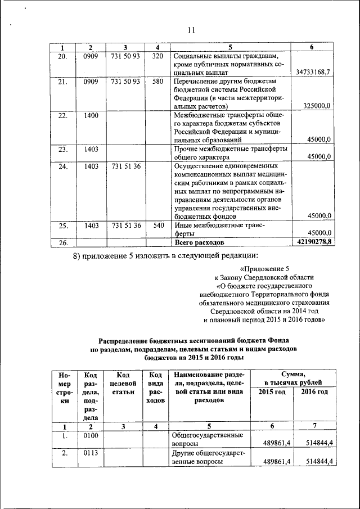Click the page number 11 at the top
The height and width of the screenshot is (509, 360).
(x=192, y=30)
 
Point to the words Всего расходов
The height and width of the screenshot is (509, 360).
(x=199, y=242)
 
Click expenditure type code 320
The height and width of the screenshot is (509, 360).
(x=157, y=56)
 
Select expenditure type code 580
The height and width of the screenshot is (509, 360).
(x=157, y=82)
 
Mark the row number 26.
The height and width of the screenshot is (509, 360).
(x=62, y=242)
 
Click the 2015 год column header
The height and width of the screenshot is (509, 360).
(x=272, y=391)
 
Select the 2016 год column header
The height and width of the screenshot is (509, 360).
(x=314, y=391)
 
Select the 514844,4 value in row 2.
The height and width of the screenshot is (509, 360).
(x=317, y=461)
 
